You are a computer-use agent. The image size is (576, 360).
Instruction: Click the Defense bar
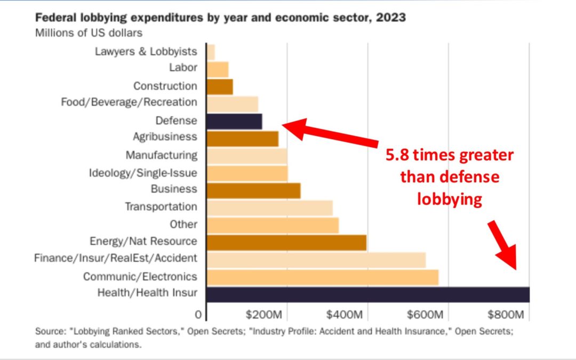[x=234, y=121]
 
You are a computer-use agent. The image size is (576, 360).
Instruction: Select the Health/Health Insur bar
[x=367, y=294]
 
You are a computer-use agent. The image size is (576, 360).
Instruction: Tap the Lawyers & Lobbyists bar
[x=211, y=52]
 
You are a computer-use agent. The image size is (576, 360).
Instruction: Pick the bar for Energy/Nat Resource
[x=286, y=242]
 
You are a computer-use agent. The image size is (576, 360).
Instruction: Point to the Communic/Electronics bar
[x=322, y=277]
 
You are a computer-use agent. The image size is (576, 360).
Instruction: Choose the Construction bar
[x=220, y=86]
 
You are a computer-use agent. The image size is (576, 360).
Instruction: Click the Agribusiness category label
[x=165, y=137]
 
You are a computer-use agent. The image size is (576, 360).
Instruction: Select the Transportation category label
[x=161, y=206]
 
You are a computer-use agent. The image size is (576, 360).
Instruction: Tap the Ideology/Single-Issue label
[x=143, y=173]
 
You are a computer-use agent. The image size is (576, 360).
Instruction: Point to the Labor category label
[x=183, y=68]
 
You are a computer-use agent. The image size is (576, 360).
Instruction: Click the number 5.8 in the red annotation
[x=399, y=155]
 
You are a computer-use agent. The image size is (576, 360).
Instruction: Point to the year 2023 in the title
[x=391, y=18]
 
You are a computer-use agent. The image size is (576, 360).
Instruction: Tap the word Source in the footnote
[x=48, y=331]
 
